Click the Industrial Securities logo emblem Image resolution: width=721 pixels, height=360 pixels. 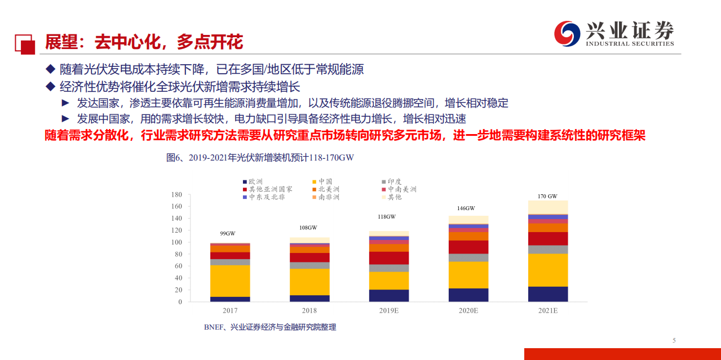coord(567,34)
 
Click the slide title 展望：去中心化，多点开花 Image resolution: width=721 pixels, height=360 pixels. coord(144,42)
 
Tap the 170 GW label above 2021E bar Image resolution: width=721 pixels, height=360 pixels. coord(547,196)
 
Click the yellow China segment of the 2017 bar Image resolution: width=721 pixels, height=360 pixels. coord(229,281)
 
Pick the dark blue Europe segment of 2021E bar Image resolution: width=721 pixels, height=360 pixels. coord(547,294)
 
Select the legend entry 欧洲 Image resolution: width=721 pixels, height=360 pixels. coord(252,181)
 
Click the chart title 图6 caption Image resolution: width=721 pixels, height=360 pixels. coord(260,158)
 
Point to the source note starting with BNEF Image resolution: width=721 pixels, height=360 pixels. coord(270,327)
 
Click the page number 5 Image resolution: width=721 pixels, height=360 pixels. coord(674,340)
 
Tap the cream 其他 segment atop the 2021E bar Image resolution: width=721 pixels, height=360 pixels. coord(547,207)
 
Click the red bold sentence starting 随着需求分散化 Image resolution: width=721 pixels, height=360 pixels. coord(344,136)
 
